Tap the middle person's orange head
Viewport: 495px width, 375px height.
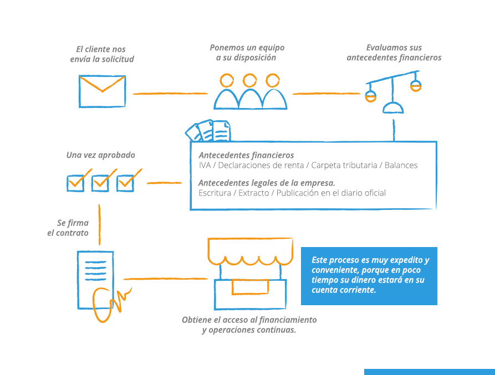point(249,80)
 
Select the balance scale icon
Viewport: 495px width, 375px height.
point(394,92)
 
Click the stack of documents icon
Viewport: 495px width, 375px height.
point(208,130)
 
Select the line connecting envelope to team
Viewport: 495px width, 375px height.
point(171,94)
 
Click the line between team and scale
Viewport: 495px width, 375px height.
point(326,94)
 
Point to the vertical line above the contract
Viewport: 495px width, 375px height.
point(99,224)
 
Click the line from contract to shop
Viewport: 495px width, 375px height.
point(165,279)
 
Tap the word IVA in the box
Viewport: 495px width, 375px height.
point(205,165)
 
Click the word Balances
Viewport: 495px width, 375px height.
point(401,165)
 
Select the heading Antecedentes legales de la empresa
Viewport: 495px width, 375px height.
point(267,183)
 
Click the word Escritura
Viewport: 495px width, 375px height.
point(215,193)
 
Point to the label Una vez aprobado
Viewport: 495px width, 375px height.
point(101,155)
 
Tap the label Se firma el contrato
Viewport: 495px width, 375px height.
point(68,228)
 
